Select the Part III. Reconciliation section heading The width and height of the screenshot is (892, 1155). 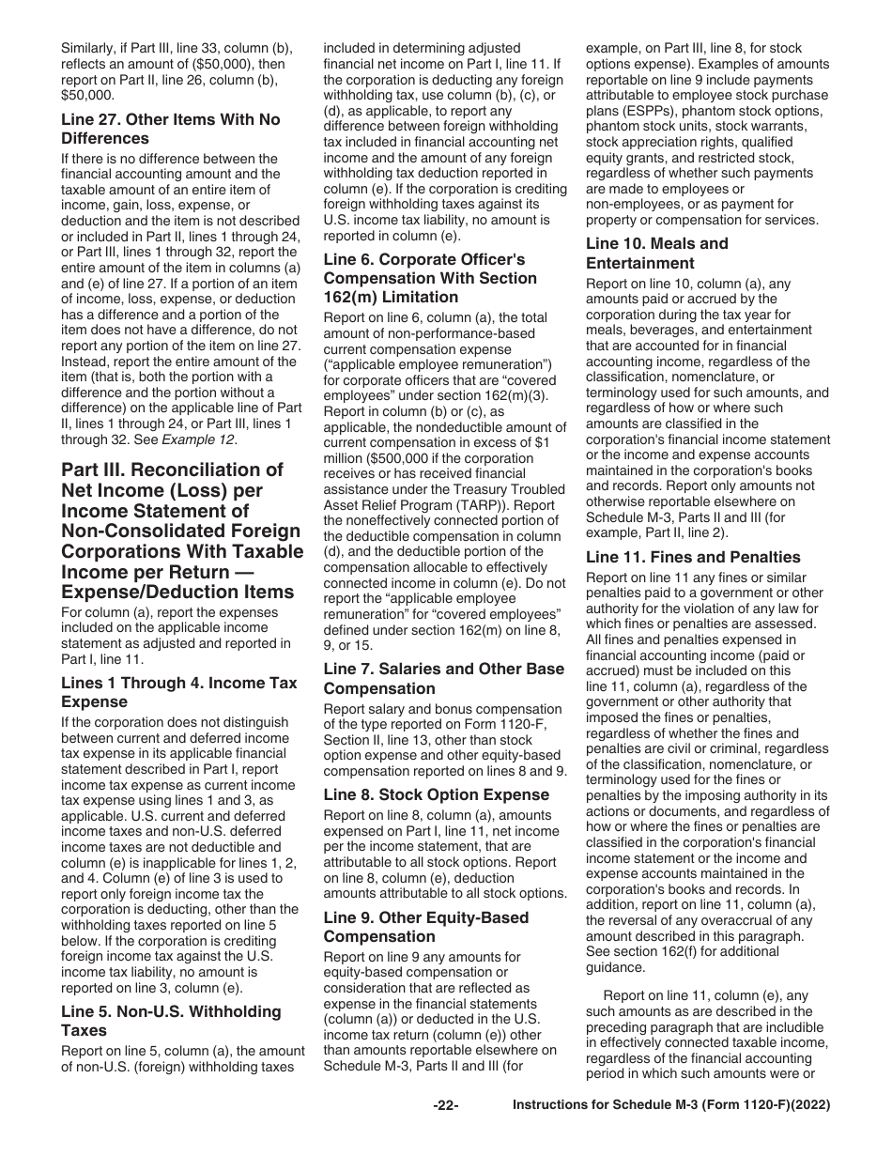coord(182,530)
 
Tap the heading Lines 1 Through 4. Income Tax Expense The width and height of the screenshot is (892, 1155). coord(178,692)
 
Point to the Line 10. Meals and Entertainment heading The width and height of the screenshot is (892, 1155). coord(656,253)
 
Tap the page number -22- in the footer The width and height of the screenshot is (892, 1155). coord(445,1132)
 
